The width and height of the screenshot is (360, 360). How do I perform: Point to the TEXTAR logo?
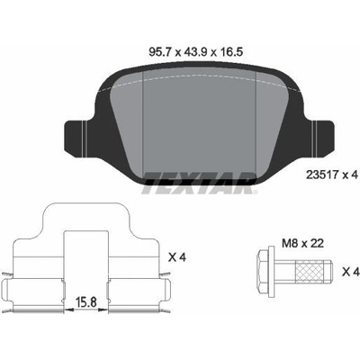point(199,183)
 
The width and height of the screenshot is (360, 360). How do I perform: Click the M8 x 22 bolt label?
point(302,243)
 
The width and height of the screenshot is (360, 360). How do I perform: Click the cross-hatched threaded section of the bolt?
point(310,272)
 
